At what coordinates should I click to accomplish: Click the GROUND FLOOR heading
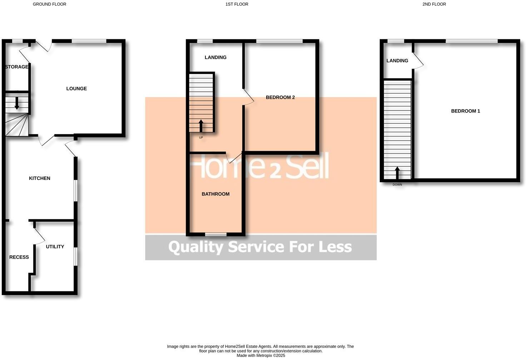(49, 4)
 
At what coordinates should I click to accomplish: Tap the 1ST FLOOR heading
(237, 4)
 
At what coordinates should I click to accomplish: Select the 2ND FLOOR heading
(434, 4)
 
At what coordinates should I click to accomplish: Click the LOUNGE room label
(76, 89)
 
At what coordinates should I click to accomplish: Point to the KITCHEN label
(39, 178)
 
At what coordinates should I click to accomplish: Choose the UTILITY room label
(55, 246)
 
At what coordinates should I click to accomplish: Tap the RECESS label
(19, 257)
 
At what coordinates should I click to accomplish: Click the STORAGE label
(16, 67)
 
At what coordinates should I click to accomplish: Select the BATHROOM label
(215, 194)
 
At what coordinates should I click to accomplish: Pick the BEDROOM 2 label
(280, 97)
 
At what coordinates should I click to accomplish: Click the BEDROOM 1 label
(465, 111)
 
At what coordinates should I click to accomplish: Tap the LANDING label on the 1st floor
(215, 57)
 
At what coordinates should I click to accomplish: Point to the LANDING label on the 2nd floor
(397, 61)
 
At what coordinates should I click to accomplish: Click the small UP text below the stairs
(201, 137)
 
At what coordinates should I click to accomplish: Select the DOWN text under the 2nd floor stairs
(397, 185)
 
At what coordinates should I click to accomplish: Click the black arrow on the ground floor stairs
(16, 104)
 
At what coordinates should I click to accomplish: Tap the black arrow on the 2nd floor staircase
(397, 173)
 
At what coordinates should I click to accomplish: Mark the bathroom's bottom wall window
(216, 234)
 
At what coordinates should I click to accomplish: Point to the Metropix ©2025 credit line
(260, 355)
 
